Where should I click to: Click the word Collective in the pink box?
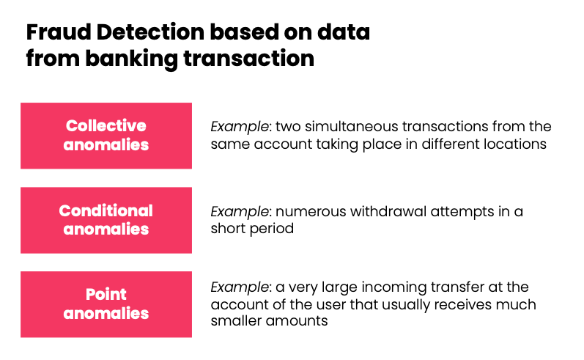(x=106, y=125)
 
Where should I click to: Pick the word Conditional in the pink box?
(x=106, y=210)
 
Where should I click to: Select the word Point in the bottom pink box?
(x=106, y=295)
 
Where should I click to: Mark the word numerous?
(x=303, y=211)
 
